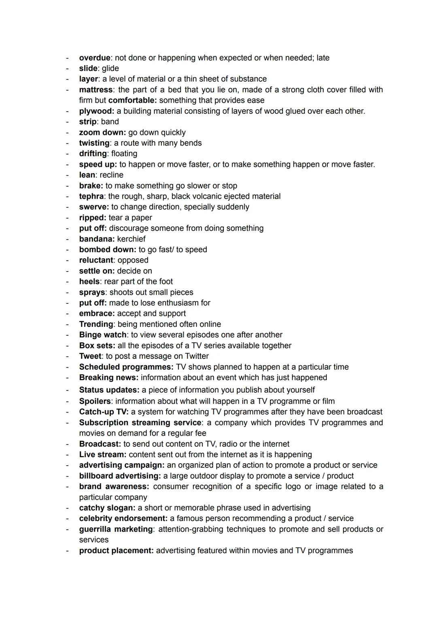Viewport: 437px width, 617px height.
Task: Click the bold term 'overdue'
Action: [94, 58]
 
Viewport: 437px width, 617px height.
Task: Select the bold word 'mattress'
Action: [95, 90]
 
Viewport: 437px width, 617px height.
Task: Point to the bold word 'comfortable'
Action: [132, 100]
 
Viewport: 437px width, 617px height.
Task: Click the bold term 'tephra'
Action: [91, 196]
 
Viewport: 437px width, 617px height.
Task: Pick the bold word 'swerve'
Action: [93, 207]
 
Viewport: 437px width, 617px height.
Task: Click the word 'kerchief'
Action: [131, 239]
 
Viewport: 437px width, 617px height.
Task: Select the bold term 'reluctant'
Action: [96, 260]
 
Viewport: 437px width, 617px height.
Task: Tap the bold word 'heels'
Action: [89, 282]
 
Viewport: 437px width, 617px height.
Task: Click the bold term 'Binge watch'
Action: [103, 335]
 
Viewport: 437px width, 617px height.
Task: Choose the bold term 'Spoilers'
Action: [95, 401]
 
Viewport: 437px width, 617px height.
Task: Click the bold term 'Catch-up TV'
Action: [103, 412]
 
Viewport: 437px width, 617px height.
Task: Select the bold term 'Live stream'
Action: [102, 454]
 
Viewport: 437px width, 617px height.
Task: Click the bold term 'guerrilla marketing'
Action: [116, 529]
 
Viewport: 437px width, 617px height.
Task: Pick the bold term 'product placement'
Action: [116, 551]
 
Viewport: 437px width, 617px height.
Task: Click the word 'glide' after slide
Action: [110, 68]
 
